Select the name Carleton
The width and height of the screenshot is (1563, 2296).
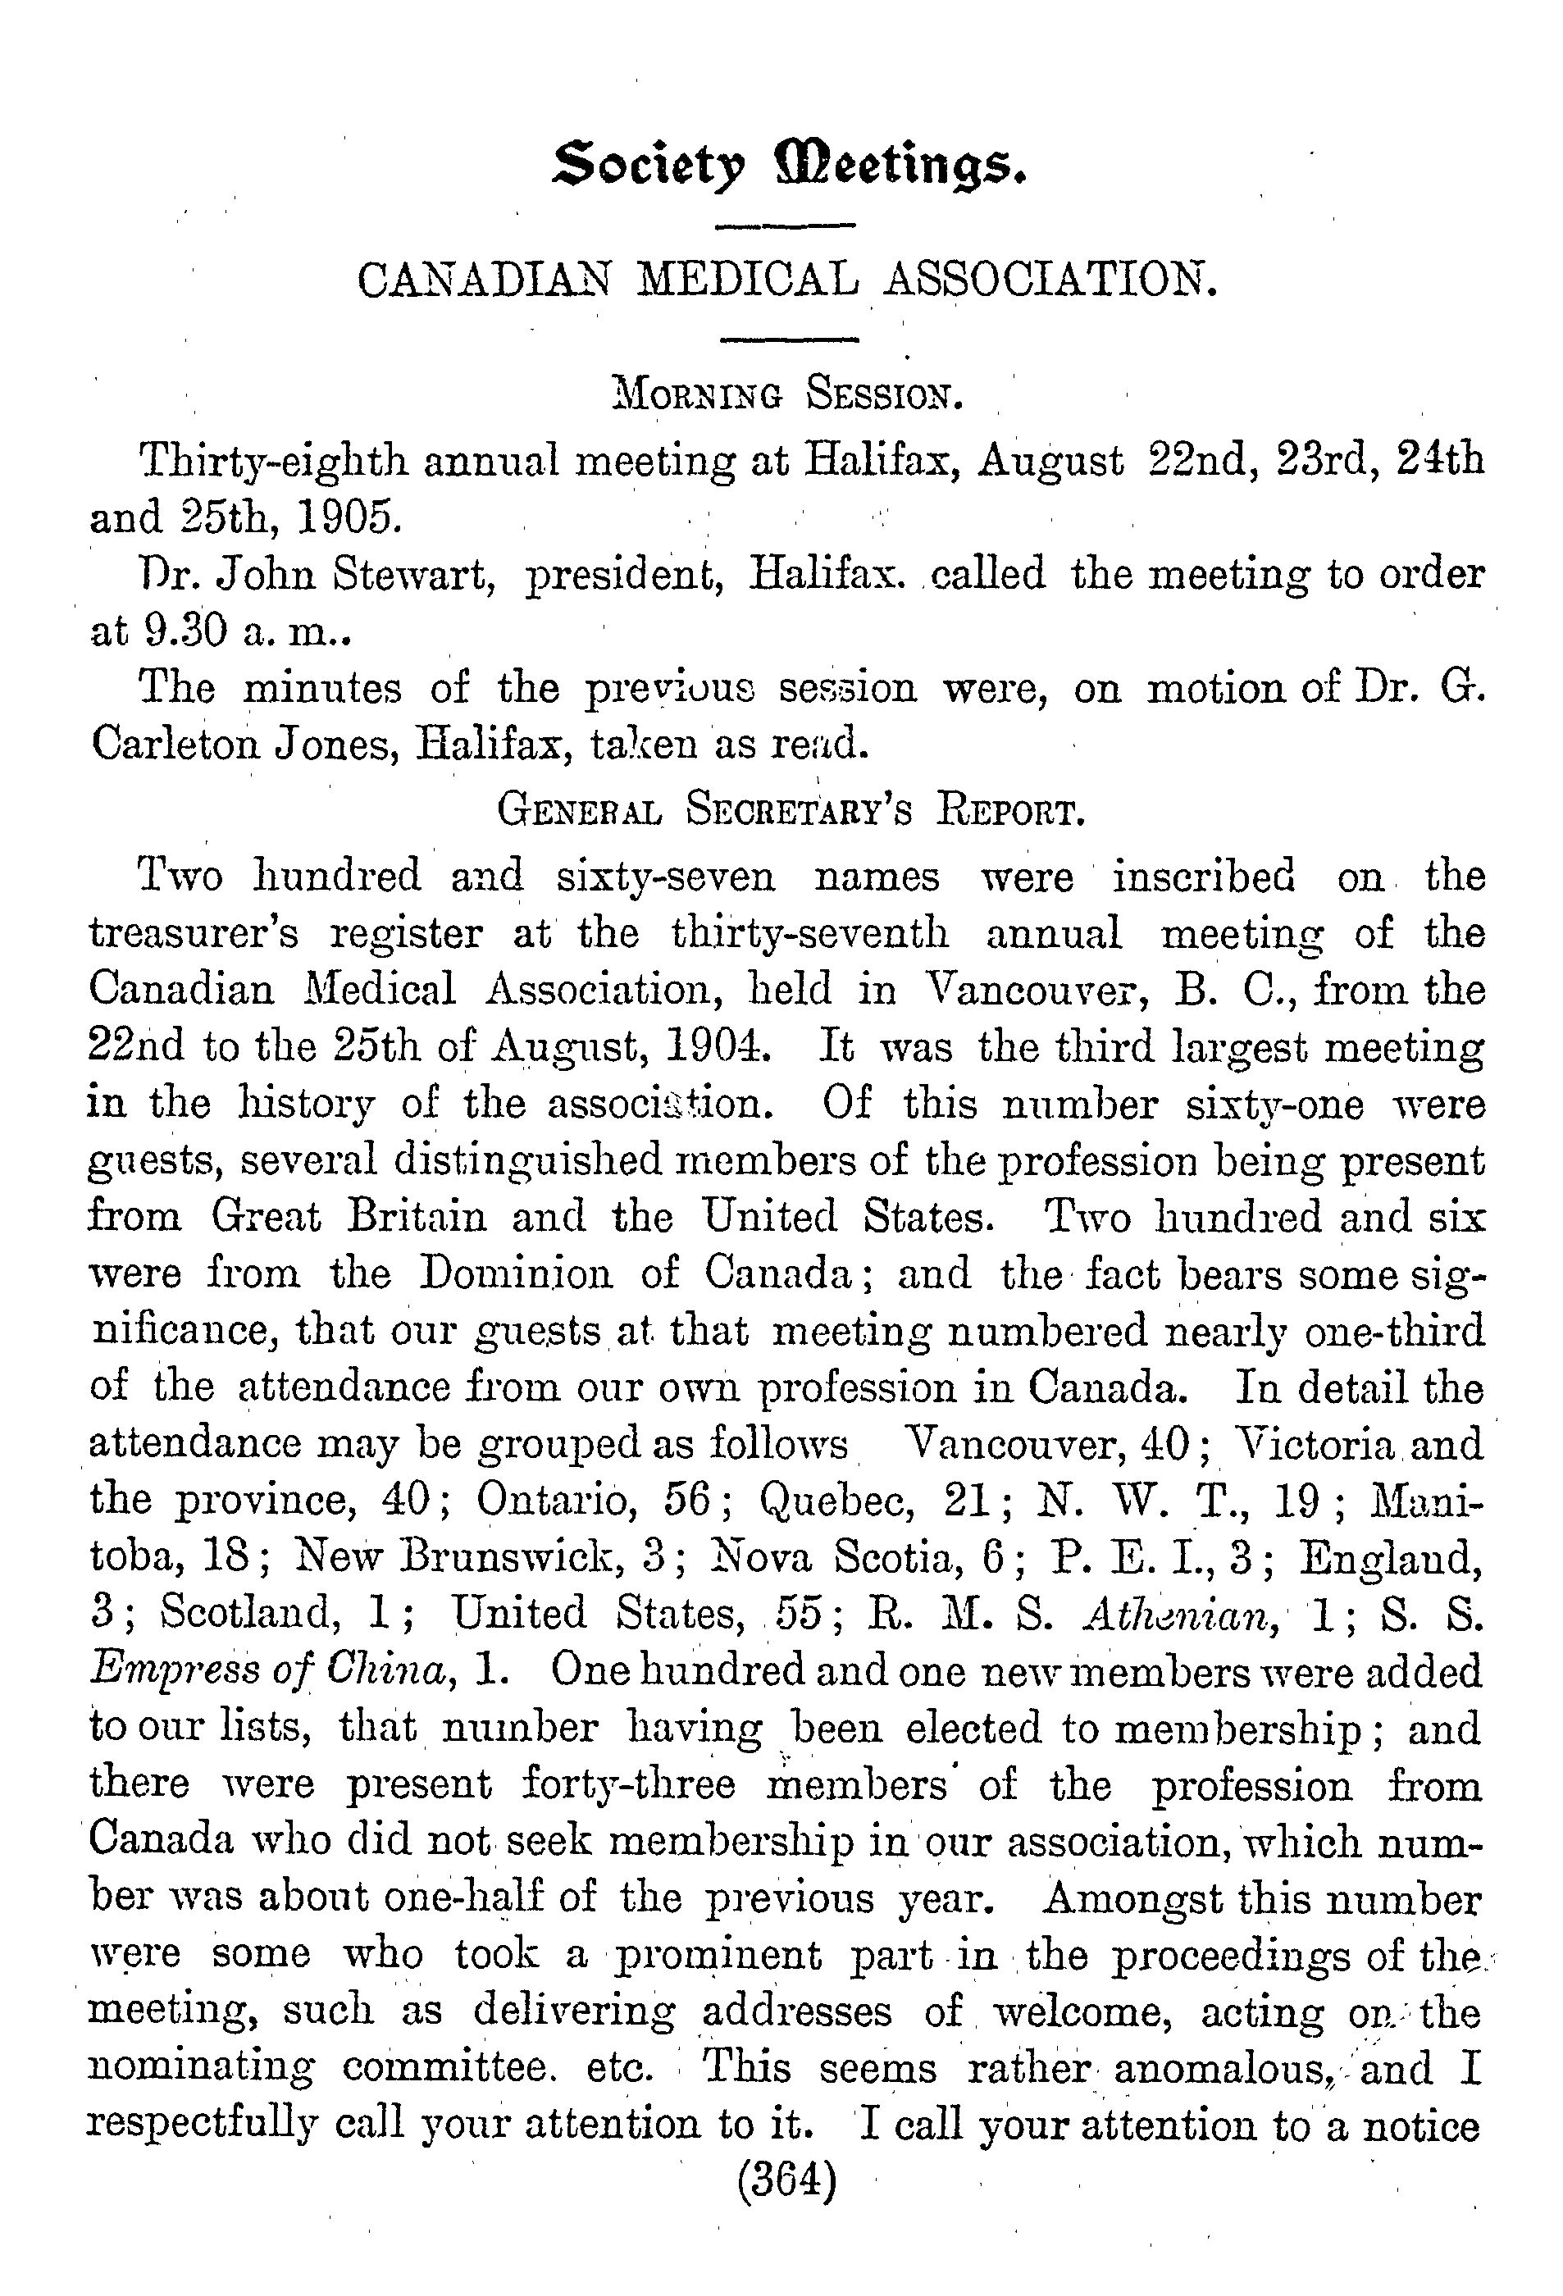(x=174, y=743)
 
